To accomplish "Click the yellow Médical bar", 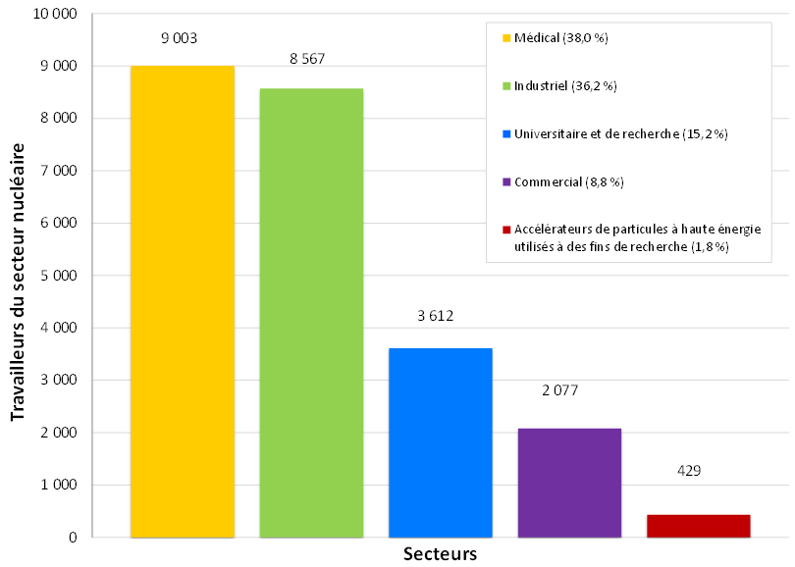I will pyautogui.click(x=183, y=301).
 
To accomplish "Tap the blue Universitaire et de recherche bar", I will pyautogui.click(x=441, y=442).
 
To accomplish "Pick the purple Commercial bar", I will pyautogui.click(x=569, y=483).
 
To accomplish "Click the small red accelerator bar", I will pyautogui.click(x=698, y=526).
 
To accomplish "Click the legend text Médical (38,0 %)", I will pyautogui.click(x=561, y=38).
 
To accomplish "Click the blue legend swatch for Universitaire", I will pyautogui.click(x=506, y=134).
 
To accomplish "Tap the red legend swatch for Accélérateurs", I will pyautogui.click(x=506, y=231).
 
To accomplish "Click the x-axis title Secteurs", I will pyautogui.click(x=440, y=554).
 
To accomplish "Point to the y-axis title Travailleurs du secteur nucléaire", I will pyautogui.click(x=19, y=280).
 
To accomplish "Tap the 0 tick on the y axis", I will pyautogui.click(x=73, y=538).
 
